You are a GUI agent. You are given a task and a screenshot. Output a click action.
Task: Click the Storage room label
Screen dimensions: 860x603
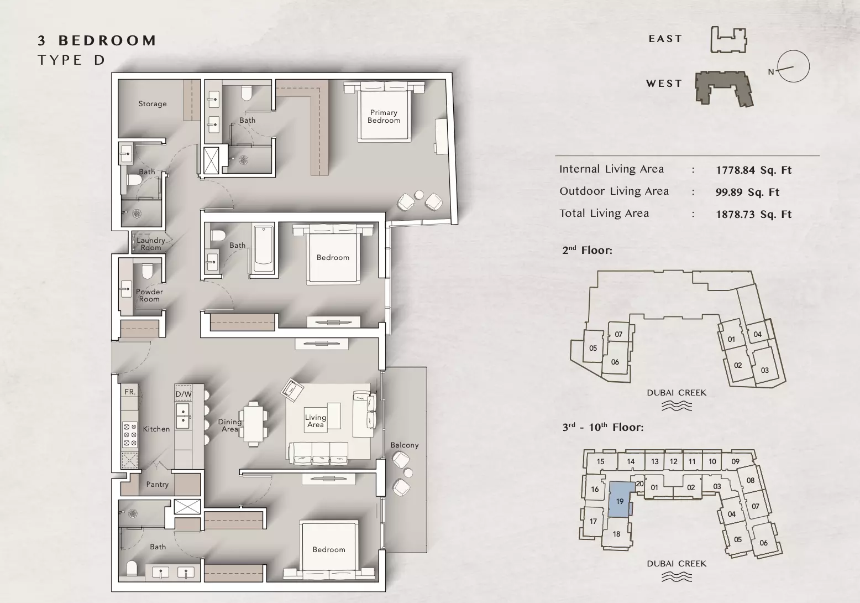tap(153, 104)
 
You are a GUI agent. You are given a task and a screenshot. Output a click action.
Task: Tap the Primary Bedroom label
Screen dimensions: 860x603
tap(384, 116)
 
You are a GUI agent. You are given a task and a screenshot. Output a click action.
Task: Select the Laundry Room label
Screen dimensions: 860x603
tap(150, 244)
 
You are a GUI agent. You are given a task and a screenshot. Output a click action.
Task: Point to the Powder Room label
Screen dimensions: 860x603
tap(149, 295)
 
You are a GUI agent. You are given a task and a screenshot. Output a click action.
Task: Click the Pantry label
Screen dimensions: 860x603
tap(158, 484)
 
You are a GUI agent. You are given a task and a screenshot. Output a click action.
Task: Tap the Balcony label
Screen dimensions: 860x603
tap(404, 445)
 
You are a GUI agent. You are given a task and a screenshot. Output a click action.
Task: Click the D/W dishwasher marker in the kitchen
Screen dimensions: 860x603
tap(183, 394)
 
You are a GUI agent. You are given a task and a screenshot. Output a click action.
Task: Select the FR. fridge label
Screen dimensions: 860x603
tap(130, 392)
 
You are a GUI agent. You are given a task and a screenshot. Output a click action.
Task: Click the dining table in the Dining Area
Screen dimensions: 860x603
tap(253, 424)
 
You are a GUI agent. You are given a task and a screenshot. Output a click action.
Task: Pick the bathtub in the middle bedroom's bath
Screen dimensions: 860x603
tap(264, 250)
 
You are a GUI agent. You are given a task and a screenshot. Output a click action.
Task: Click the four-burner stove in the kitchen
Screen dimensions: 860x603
tap(130, 435)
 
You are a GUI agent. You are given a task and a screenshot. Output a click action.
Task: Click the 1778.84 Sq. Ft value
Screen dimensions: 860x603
tap(753, 170)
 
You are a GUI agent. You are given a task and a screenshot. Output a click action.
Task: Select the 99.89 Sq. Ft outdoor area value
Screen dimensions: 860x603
tap(747, 192)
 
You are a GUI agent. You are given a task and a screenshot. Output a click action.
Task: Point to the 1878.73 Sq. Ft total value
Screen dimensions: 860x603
tap(753, 214)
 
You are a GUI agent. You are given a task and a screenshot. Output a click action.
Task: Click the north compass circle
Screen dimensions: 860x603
tap(794, 66)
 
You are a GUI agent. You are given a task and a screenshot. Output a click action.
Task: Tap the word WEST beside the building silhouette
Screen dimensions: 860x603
tap(664, 84)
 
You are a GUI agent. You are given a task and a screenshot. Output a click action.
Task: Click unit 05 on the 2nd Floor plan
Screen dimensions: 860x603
tap(593, 348)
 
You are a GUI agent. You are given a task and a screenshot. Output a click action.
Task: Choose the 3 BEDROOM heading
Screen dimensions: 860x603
tap(97, 40)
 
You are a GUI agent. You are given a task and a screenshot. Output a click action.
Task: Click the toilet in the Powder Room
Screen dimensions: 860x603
tap(147, 271)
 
